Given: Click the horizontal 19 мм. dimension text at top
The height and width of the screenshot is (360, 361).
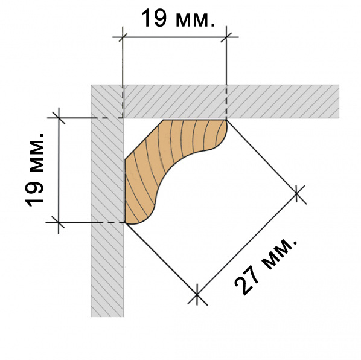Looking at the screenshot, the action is (177, 19).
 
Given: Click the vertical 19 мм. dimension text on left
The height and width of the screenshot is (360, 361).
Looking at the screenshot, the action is (34, 170).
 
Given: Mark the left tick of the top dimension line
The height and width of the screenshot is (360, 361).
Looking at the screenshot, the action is (123, 37).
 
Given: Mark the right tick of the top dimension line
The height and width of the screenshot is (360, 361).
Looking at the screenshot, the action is (226, 37).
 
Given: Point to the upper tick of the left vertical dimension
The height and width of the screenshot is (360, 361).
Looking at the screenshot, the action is (59, 118).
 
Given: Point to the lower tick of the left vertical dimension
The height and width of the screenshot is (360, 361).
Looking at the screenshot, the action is (59, 222).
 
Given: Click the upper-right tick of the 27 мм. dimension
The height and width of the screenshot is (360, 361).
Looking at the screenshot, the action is (296, 194).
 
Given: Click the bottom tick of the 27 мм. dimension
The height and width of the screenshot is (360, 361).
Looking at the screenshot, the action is (197, 294).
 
